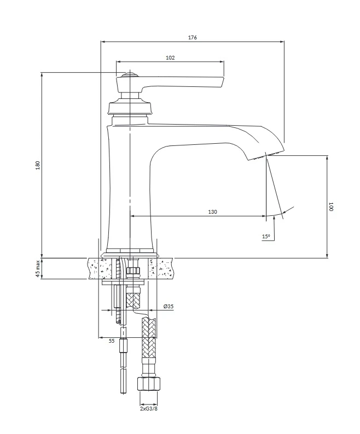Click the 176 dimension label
coord(193,37)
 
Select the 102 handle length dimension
coord(170,57)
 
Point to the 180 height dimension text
coord(38,165)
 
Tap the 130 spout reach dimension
coord(213,212)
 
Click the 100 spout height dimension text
coord(330,207)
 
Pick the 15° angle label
coord(266,236)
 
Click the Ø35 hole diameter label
coord(169,306)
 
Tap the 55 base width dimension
coord(112,341)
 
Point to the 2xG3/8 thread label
coord(149,409)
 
